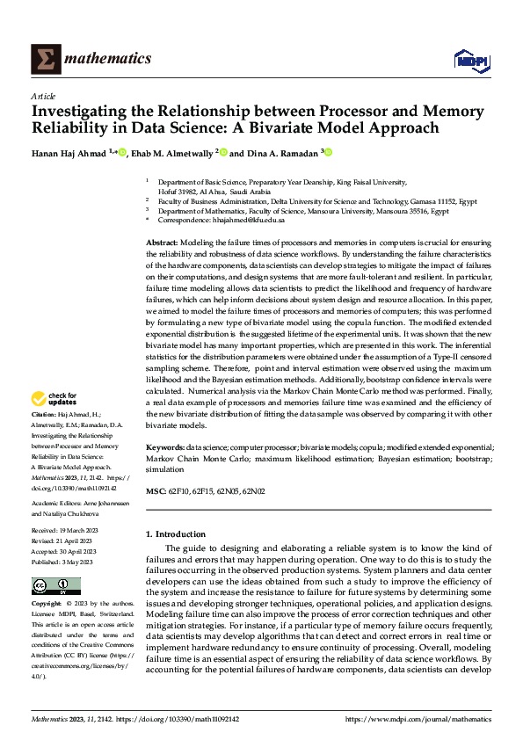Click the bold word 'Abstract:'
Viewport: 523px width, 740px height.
(x=161, y=242)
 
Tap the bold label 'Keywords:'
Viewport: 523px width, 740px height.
(x=164, y=447)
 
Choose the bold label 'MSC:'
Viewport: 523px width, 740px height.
(x=155, y=490)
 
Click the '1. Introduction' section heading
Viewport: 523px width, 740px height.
(x=176, y=533)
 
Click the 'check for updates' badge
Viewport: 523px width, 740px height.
(x=54, y=399)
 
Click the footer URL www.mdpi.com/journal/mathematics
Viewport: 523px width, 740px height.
(x=418, y=719)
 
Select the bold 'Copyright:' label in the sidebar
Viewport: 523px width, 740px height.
(x=47, y=604)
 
